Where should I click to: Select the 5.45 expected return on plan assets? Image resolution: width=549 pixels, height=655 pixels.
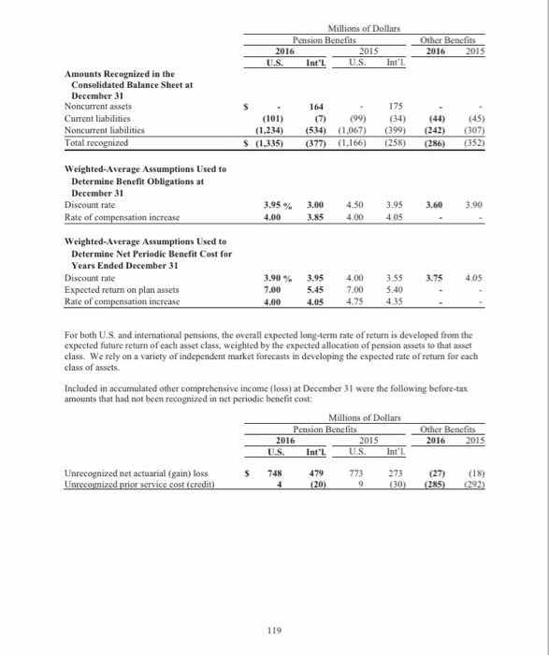(x=318, y=290)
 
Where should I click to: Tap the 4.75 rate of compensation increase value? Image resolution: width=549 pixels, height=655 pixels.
(x=358, y=303)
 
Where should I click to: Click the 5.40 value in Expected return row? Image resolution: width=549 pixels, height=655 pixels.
(x=398, y=290)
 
